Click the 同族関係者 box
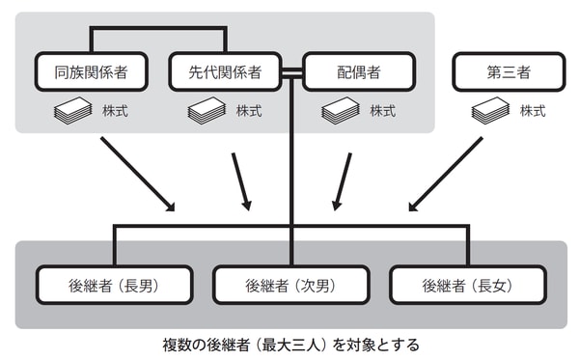click(91, 71)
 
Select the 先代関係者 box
click(225, 71)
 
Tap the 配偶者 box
click(359, 71)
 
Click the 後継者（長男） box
click(114, 285)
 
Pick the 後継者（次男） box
click(290, 285)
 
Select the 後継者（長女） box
click(467, 285)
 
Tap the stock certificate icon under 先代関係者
click(207, 111)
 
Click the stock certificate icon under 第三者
click(489, 111)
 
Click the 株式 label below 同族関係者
click(113, 111)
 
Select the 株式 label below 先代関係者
click(248, 111)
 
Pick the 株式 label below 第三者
click(532, 111)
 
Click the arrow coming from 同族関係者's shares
click(138, 175)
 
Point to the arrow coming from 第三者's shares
click(445, 175)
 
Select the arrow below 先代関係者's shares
click(243, 182)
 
